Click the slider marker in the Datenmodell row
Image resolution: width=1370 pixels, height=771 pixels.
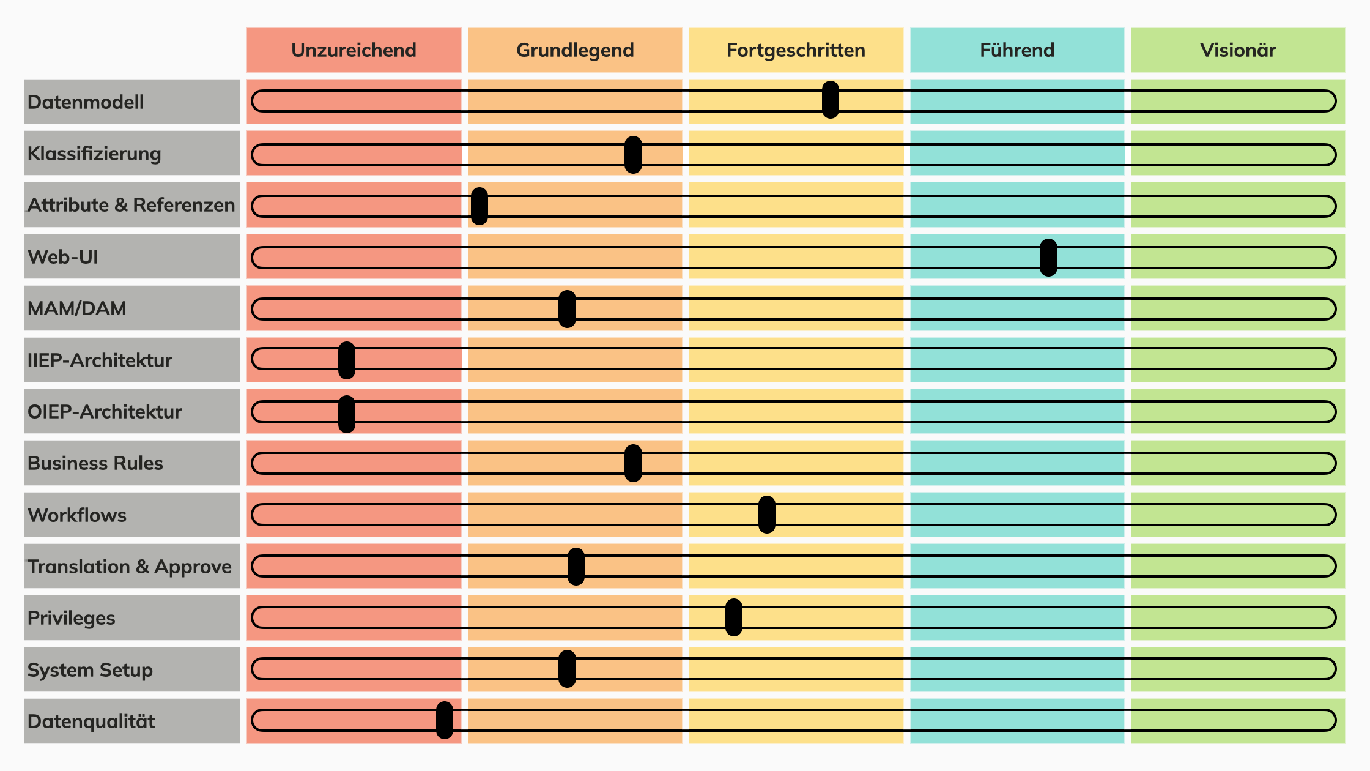(x=830, y=100)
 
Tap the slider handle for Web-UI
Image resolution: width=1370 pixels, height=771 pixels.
(x=1048, y=258)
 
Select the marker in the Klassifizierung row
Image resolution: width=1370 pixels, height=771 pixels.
(x=633, y=155)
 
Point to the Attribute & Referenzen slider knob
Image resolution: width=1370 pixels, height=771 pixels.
(x=480, y=206)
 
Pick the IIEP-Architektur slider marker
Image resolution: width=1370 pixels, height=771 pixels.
(x=347, y=360)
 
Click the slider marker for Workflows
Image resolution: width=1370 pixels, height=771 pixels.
(x=766, y=515)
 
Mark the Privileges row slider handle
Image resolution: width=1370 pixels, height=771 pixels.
(x=733, y=617)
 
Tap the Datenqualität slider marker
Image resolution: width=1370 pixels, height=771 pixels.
(x=445, y=720)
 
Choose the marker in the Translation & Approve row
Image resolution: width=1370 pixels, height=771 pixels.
(x=576, y=567)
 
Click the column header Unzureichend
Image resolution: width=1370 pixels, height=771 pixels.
(x=354, y=50)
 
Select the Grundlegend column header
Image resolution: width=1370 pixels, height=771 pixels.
(x=575, y=50)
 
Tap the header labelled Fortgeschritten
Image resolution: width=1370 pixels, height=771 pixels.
(x=796, y=50)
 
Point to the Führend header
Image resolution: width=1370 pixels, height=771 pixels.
(x=1017, y=50)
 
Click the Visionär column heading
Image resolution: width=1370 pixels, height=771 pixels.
(x=1238, y=50)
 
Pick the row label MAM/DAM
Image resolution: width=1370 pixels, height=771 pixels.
(x=77, y=308)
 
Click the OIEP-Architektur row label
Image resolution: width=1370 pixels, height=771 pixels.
(x=105, y=412)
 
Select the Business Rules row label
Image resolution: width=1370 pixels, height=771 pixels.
(x=95, y=463)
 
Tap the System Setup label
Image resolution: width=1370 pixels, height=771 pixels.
(x=90, y=670)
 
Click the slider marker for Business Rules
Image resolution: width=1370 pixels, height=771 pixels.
(x=633, y=463)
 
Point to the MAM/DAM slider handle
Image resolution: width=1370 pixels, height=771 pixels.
(x=567, y=309)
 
